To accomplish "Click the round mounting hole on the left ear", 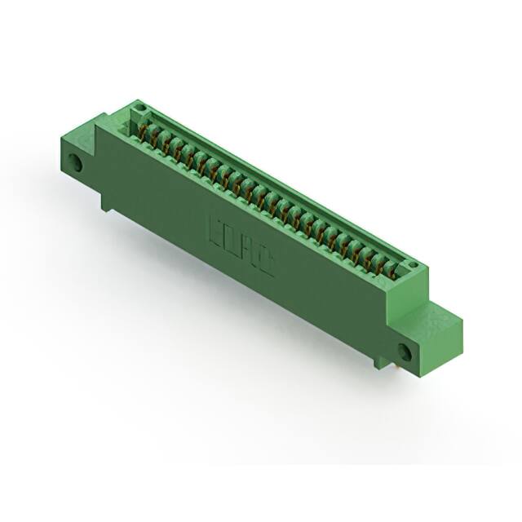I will click(79, 162).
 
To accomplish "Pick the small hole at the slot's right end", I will click(412, 265).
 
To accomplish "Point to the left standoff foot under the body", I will click(107, 203).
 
